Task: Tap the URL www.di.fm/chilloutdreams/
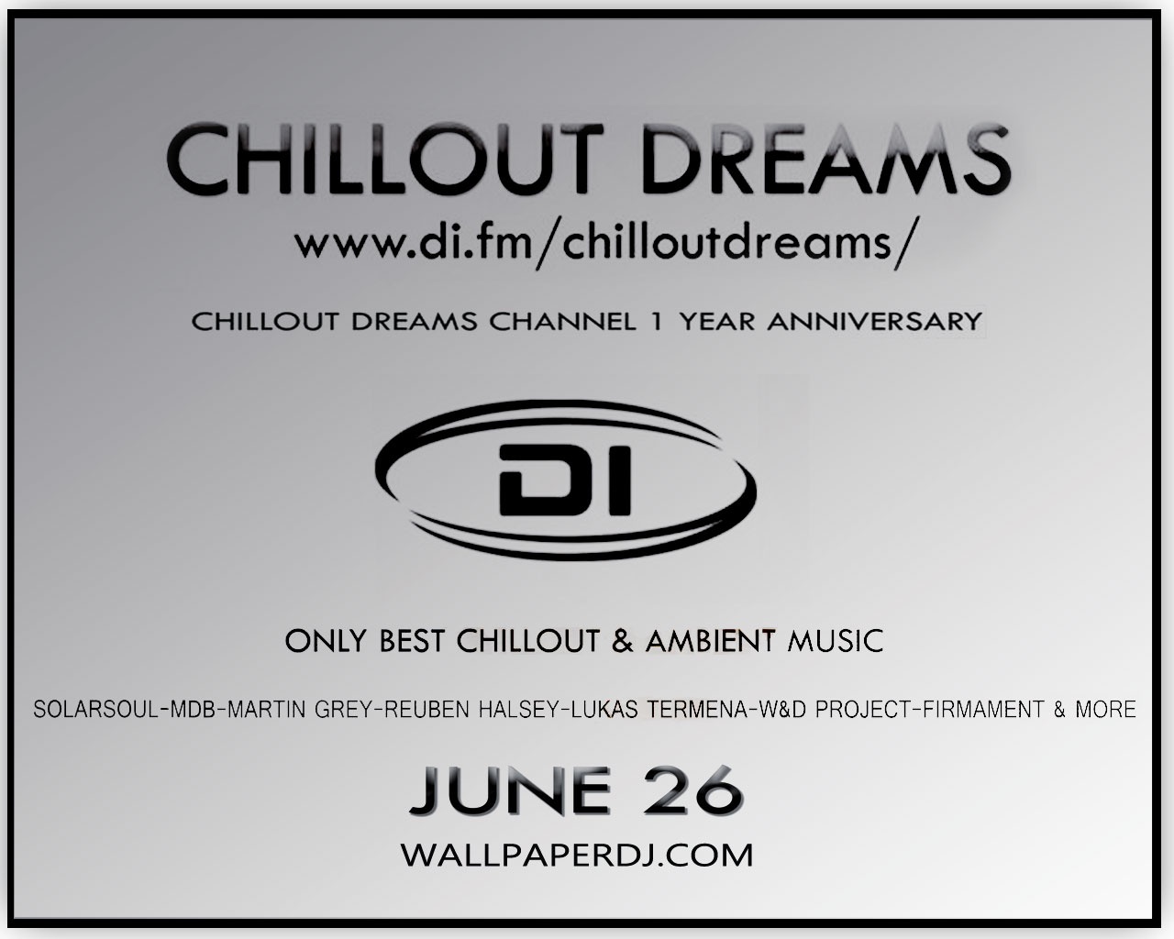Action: (x=604, y=247)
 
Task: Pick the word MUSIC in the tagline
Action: (x=836, y=641)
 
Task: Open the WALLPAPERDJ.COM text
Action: (x=578, y=855)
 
